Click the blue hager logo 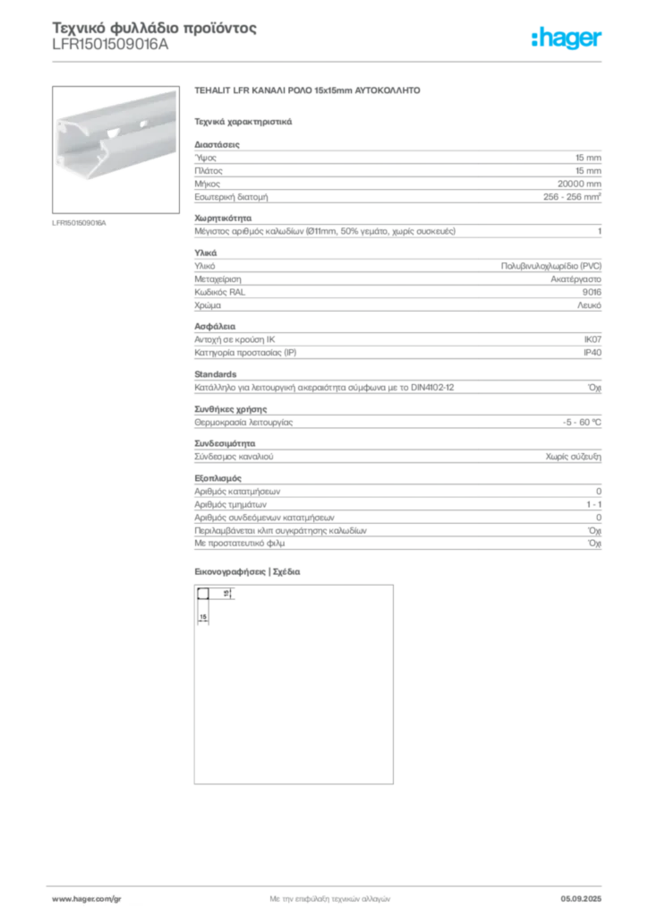(x=567, y=39)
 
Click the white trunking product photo (x=114, y=134)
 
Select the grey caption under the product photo (x=79, y=222)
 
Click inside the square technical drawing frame (x=293, y=685)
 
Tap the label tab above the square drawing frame (x=251, y=572)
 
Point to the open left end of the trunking (x=72, y=143)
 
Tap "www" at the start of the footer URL (x=60, y=897)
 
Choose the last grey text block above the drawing (x=396, y=515)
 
